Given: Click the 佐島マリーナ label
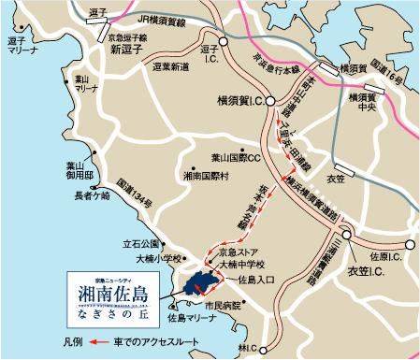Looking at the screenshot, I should (173, 319).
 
